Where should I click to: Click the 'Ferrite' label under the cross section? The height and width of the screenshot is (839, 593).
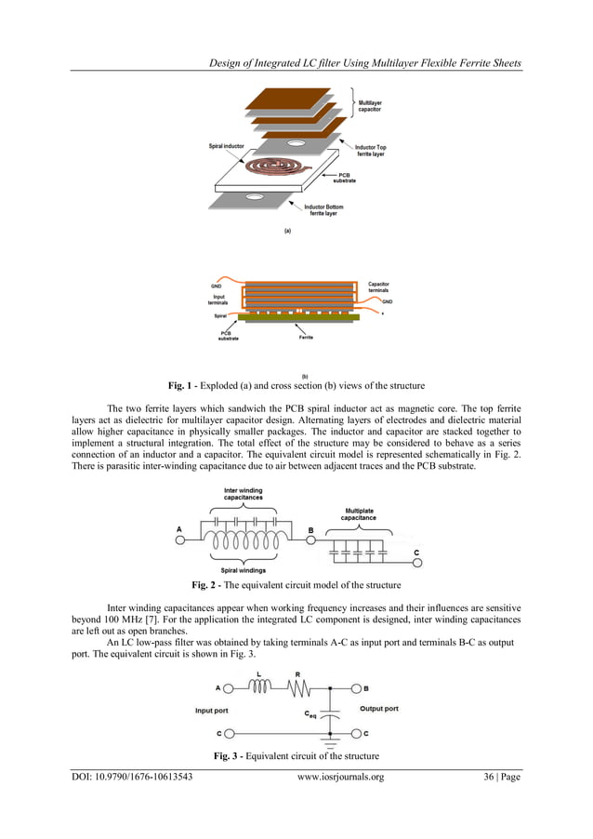coord(306,338)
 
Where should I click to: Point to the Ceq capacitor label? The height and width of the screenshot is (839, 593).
coord(311,714)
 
